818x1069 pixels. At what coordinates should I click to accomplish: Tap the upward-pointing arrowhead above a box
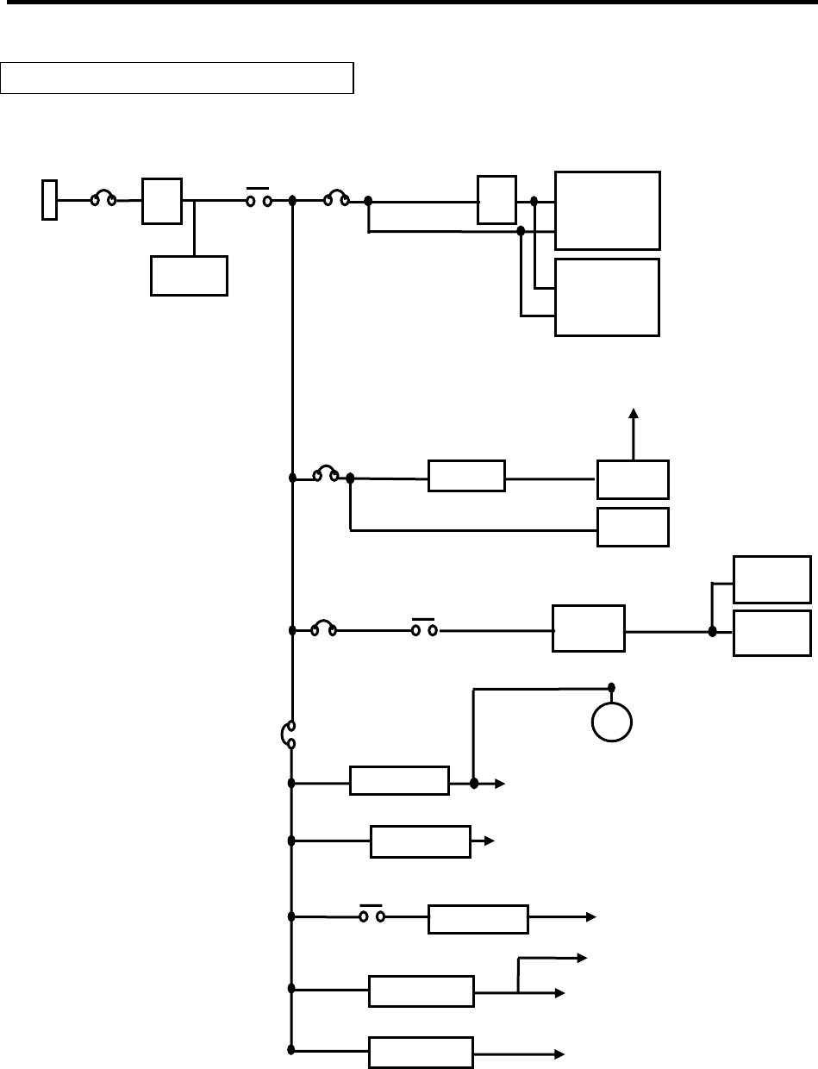pyautogui.click(x=634, y=413)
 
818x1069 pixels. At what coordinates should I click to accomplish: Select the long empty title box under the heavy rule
pyautogui.click(x=178, y=77)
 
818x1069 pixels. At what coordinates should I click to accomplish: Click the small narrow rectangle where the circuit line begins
pyautogui.click(x=50, y=200)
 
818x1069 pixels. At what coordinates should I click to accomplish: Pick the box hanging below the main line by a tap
pyautogui.click(x=189, y=276)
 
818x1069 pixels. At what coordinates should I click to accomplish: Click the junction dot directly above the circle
pyautogui.click(x=611, y=687)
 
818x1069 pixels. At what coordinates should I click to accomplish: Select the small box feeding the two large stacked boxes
pyautogui.click(x=496, y=199)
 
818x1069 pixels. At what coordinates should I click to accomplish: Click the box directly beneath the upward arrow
pyautogui.click(x=633, y=479)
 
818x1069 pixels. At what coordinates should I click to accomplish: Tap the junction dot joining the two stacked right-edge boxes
pyautogui.click(x=712, y=631)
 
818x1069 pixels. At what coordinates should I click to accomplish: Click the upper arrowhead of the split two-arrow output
pyautogui.click(x=582, y=957)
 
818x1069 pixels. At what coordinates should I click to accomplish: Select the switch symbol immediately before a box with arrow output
pyautogui.click(x=372, y=917)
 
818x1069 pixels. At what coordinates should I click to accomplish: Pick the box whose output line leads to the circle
pyautogui.click(x=399, y=781)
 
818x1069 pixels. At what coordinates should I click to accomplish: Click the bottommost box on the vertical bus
pyautogui.click(x=421, y=1053)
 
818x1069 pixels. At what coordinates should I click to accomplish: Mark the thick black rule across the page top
pyautogui.click(x=409, y=4)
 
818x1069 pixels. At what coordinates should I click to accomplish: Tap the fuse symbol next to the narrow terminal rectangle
pyautogui.click(x=103, y=199)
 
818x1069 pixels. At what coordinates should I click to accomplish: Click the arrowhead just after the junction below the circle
pyautogui.click(x=501, y=784)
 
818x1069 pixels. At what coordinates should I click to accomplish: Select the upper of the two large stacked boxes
pyautogui.click(x=608, y=210)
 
